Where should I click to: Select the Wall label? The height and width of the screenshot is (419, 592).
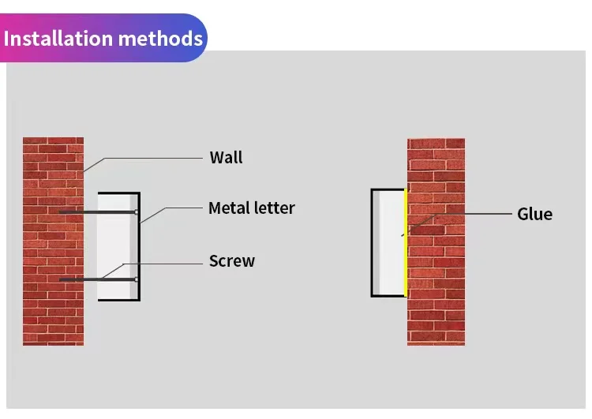pyautogui.click(x=226, y=157)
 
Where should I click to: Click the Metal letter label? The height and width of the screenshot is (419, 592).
pyautogui.click(x=251, y=208)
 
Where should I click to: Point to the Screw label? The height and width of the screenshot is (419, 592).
pyautogui.click(x=231, y=260)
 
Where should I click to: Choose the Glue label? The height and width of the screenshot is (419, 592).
pyautogui.click(x=534, y=214)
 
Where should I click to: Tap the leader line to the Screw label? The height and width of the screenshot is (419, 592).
pyautogui.click(x=166, y=260)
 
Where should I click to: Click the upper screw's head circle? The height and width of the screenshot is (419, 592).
pyautogui.click(x=137, y=212)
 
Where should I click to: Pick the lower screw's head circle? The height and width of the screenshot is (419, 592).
pyautogui.click(x=137, y=279)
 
